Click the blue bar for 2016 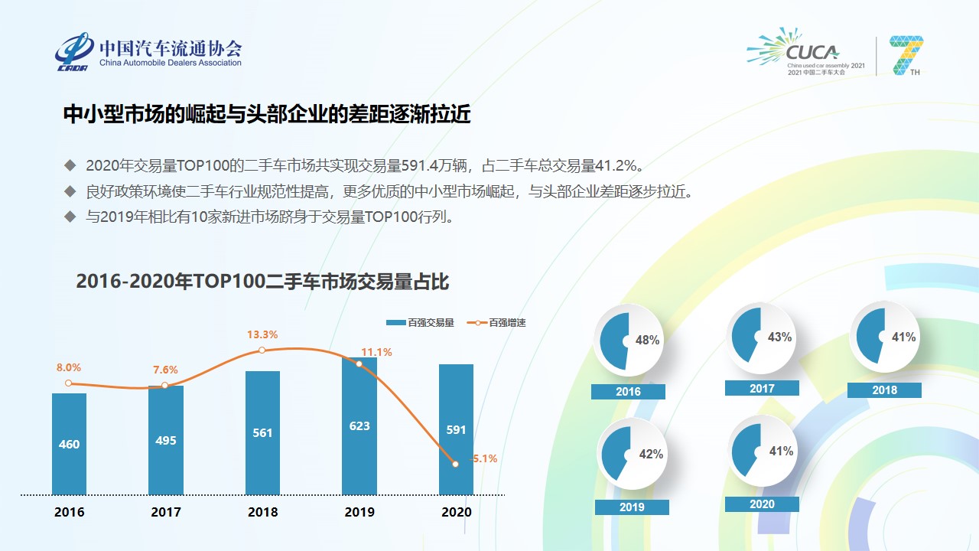tap(69, 444)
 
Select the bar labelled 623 tap(359, 426)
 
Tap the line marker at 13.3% tap(262, 350)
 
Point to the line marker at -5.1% tap(456, 464)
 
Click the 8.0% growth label tap(69, 367)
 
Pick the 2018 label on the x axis tap(262, 512)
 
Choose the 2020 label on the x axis tap(457, 512)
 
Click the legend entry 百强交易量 tap(421, 323)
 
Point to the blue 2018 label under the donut tap(884, 390)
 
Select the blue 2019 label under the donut tap(632, 507)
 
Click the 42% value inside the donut tap(651, 454)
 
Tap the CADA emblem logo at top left tap(73, 51)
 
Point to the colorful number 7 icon tap(907, 54)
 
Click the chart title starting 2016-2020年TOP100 tap(262, 282)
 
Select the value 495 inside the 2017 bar tap(166, 440)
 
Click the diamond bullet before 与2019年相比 tap(70, 217)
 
